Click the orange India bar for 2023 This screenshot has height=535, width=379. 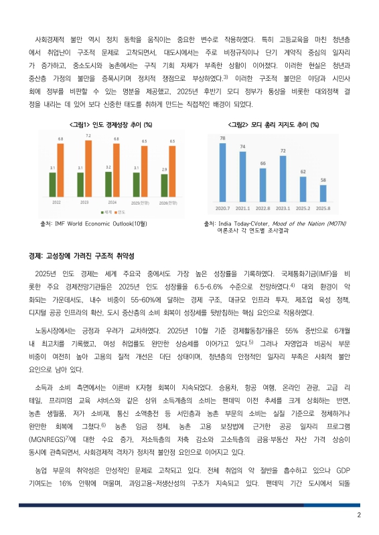[88, 167]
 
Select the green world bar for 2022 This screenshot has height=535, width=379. [53, 183]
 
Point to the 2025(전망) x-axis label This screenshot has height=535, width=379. [140, 201]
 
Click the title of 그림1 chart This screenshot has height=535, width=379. [111, 124]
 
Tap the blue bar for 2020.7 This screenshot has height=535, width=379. [222, 171]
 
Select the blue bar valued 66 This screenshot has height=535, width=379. [263, 182]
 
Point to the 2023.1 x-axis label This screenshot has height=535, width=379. [283, 208]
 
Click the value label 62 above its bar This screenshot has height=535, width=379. [303, 172]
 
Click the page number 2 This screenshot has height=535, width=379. [359, 515]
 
